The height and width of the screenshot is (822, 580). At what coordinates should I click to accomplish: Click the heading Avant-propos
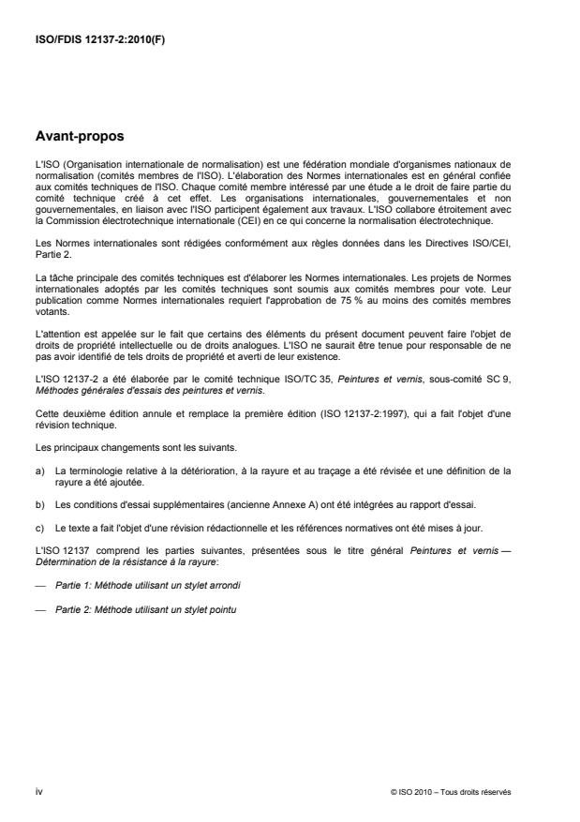pyautogui.click(x=80, y=136)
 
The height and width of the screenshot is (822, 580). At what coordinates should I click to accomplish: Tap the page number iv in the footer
pyautogui.click(x=38, y=793)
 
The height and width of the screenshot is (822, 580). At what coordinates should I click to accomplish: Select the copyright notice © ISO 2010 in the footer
pyautogui.click(x=451, y=793)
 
